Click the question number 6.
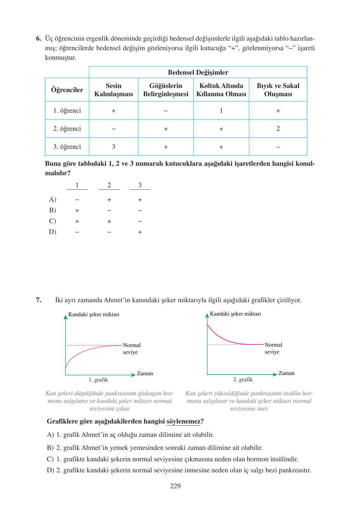tap(38, 39)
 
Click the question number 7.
tap(38, 300)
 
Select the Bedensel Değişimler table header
tap(198, 72)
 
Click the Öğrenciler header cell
tap(67, 90)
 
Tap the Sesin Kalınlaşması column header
tap(113, 90)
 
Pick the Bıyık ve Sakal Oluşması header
tap(278, 90)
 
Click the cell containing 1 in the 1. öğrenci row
tap(221, 110)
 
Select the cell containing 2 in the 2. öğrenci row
tap(278, 129)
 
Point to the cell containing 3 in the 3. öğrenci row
tap(113, 147)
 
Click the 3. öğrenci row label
tap(67, 147)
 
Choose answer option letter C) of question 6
tap(52, 221)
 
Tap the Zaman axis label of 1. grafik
tap(145, 373)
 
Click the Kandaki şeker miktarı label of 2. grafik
tap(235, 314)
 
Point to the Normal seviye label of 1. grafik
tap(132, 349)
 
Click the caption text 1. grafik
tap(98, 380)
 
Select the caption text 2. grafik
tap(243, 379)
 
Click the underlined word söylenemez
tap(183, 421)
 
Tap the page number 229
tap(175, 486)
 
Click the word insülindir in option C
tap(284, 459)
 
